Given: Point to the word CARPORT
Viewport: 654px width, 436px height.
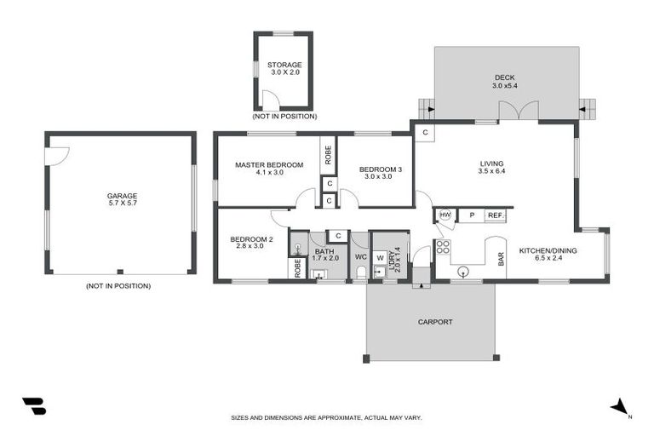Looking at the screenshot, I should [x=434, y=322].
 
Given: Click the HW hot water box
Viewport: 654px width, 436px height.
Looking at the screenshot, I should [x=445, y=215].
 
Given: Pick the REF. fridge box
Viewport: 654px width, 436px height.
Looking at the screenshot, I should [x=495, y=216].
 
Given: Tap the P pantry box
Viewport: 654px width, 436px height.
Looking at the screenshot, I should [x=470, y=215].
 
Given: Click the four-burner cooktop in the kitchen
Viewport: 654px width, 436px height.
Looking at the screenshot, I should [x=443, y=247].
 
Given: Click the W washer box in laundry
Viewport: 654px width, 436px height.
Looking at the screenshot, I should [x=380, y=257].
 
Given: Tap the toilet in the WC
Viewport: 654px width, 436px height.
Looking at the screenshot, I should [x=360, y=272].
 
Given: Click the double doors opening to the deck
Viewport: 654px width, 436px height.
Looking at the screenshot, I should [x=519, y=112].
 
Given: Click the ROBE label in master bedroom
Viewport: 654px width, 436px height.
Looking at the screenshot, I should [x=328, y=155].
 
